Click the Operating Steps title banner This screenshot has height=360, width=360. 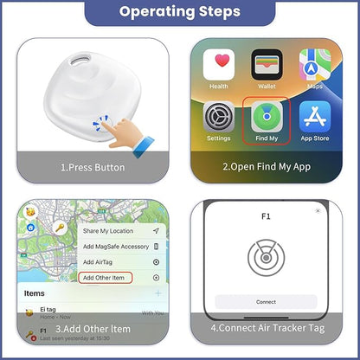click(x=180, y=12)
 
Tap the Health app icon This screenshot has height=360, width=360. click(x=218, y=67)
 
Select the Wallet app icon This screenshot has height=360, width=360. click(x=267, y=67)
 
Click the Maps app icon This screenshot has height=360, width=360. click(x=314, y=67)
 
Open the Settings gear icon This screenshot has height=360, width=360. click(x=218, y=117)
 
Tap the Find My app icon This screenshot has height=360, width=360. click(x=267, y=117)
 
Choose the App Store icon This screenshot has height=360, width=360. click(x=314, y=117)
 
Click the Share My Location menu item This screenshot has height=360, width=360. click(x=109, y=231)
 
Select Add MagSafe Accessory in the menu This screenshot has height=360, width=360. click(x=115, y=247)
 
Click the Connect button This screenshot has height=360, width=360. click(x=267, y=302)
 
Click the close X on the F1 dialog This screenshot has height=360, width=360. click(x=318, y=210)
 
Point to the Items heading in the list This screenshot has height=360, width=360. click(x=35, y=293)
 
